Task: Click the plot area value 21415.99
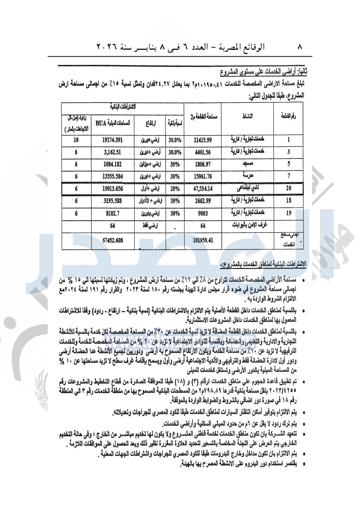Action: click(203, 140)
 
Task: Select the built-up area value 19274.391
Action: click(112, 140)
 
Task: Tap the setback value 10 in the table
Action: click(76, 140)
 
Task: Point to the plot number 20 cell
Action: click(289, 188)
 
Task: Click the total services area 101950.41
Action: click(203, 240)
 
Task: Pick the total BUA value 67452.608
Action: click(112, 240)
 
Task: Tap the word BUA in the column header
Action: click(101, 123)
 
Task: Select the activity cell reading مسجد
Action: click(248, 164)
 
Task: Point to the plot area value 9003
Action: click(203, 213)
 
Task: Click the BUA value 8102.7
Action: click(112, 213)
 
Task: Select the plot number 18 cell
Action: click(289, 201)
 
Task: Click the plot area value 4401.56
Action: click(203, 152)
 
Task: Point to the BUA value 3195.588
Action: click(112, 201)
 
